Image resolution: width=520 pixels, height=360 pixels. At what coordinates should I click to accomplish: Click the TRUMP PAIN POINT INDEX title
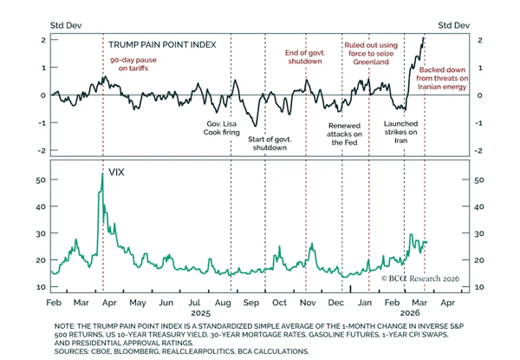click(160, 43)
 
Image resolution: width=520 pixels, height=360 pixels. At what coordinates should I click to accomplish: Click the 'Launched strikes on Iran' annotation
click(400, 133)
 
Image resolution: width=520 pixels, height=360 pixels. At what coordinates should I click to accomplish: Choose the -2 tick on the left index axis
click(42, 150)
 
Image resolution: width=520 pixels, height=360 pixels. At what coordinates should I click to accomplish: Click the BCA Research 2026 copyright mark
click(419, 278)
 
